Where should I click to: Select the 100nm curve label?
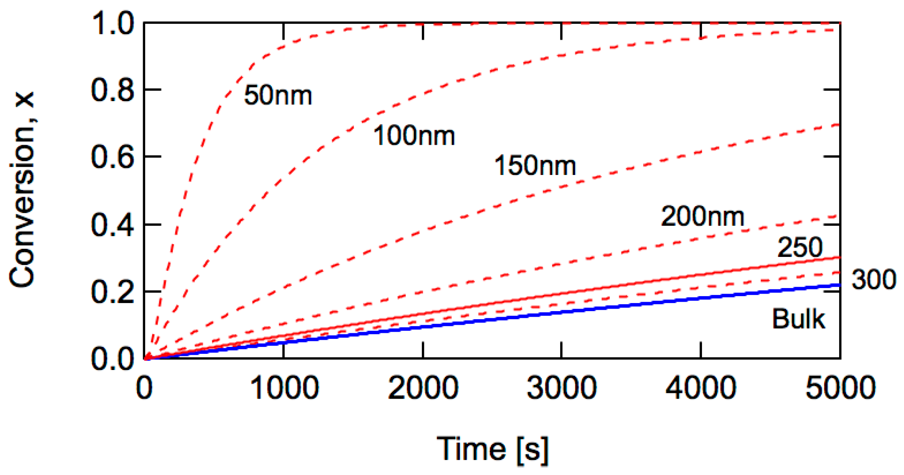[414, 136]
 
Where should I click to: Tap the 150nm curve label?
[535, 166]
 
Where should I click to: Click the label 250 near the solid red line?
[799, 247]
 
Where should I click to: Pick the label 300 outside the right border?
[873, 280]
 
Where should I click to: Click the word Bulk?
[798, 319]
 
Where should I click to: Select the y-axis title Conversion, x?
[22, 190]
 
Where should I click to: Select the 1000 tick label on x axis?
[284, 388]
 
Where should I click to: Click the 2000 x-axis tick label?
[423, 388]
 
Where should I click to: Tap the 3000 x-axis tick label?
[562, 388]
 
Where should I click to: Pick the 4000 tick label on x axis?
[701, 388]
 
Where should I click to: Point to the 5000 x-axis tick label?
[840, 388]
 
